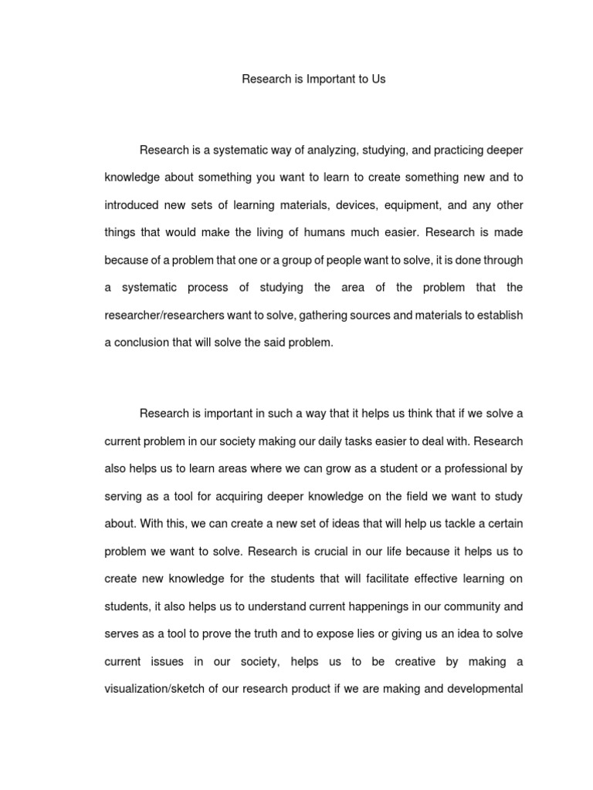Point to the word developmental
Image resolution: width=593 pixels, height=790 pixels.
tap(486, 690)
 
